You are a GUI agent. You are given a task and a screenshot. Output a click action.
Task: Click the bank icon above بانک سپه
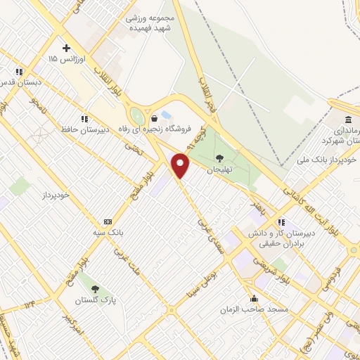(x=107, y=220)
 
